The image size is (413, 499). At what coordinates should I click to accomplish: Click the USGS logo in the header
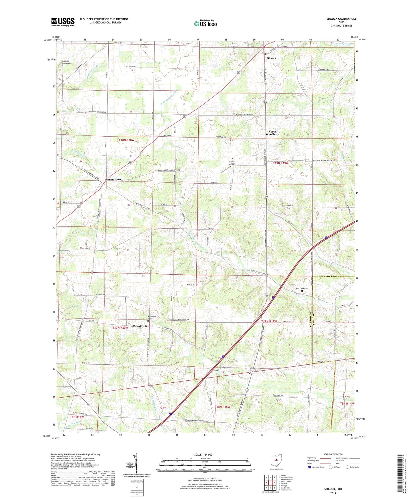pos(63,22)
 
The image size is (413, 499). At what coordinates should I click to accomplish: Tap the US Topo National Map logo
pos(205,23)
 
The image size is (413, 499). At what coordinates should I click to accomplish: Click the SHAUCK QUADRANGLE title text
pos(341,19)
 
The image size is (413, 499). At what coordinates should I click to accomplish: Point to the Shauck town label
pos(272,58)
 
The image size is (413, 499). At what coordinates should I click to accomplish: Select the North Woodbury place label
pos(272,133)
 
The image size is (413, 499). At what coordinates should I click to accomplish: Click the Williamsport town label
pos(113,179)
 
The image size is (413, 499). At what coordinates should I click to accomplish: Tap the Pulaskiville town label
pos(140,326)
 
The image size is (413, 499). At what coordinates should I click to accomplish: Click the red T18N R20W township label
pos(126,140)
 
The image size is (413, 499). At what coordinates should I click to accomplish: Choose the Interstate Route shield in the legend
pos(310,467)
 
